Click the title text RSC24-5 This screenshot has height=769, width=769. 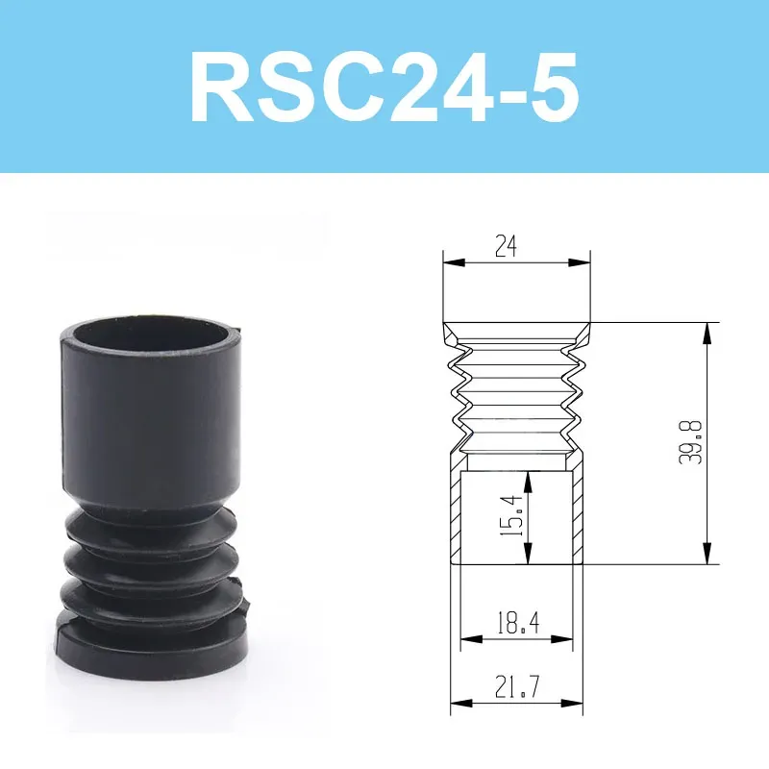tap(384, 89)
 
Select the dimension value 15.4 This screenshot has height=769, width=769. tap(513, 516)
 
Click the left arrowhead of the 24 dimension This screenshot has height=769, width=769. tap(450, 260)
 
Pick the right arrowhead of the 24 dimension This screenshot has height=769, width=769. tap(583, 260)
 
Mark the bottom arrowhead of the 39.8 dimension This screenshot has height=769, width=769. tap(707, 558)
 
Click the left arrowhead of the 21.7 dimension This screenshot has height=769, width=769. tap(457, 705)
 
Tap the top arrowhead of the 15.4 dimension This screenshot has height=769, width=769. tap(527, 478)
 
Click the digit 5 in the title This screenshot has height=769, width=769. tap(549, 89)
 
